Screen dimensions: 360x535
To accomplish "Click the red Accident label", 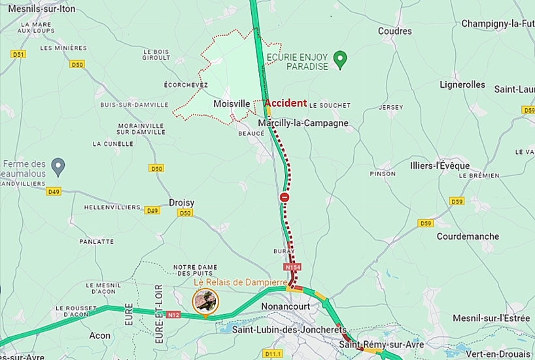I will (x=285, y=103).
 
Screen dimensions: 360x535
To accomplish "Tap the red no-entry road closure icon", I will (x=285, y=197).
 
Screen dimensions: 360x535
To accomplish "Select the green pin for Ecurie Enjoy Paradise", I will (x=339, y=60).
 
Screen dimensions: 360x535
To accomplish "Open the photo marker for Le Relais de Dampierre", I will (x=205, y=301).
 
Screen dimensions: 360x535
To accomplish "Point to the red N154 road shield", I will (x=292, y=268).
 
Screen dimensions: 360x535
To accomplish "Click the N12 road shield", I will (x=173, y=315).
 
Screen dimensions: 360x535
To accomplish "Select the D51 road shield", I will (x=18, y=54).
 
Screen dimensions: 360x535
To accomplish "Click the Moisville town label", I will (x=232, y=103).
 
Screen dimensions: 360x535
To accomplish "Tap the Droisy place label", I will (x=182, y=203).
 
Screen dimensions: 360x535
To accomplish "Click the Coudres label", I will (x=395, y=31).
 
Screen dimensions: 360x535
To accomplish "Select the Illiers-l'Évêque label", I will (x=436, y=166).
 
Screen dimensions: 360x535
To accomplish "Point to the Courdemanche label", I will (x=468, y=236).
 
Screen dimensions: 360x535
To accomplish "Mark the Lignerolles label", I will (x=462, y=84).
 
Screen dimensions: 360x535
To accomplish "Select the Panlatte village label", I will (x=97, y=242).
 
